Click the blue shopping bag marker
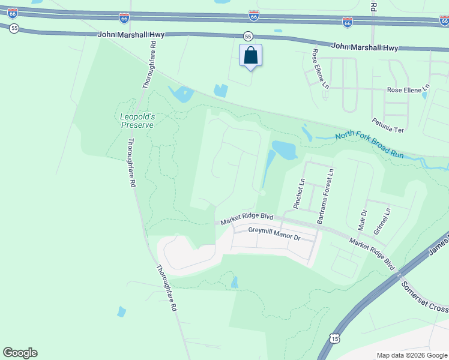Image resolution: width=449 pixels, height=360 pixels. click(x=251, y=56)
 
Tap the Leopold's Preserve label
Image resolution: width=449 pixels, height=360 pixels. click(x=137, y=120)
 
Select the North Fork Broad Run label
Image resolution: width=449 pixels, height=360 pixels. click(x=370, y=144)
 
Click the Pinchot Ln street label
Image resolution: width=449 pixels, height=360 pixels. click(x=299, y=194)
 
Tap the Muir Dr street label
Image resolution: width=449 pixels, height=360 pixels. click(x=363, y=220)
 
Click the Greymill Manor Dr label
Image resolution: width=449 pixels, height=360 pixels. click(x=274, y=234)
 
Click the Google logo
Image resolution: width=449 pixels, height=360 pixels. click(x=20, y=353)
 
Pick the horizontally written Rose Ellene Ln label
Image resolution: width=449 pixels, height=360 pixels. click(x=408, y=90)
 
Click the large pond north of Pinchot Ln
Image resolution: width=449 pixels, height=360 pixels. click(x=283, y=150)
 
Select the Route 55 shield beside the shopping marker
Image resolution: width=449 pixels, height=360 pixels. click(x=248, y=37)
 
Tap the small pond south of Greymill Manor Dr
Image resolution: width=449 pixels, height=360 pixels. click(x=234, y=282)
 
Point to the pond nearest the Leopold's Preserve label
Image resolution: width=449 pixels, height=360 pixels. click(x=181, y=94)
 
